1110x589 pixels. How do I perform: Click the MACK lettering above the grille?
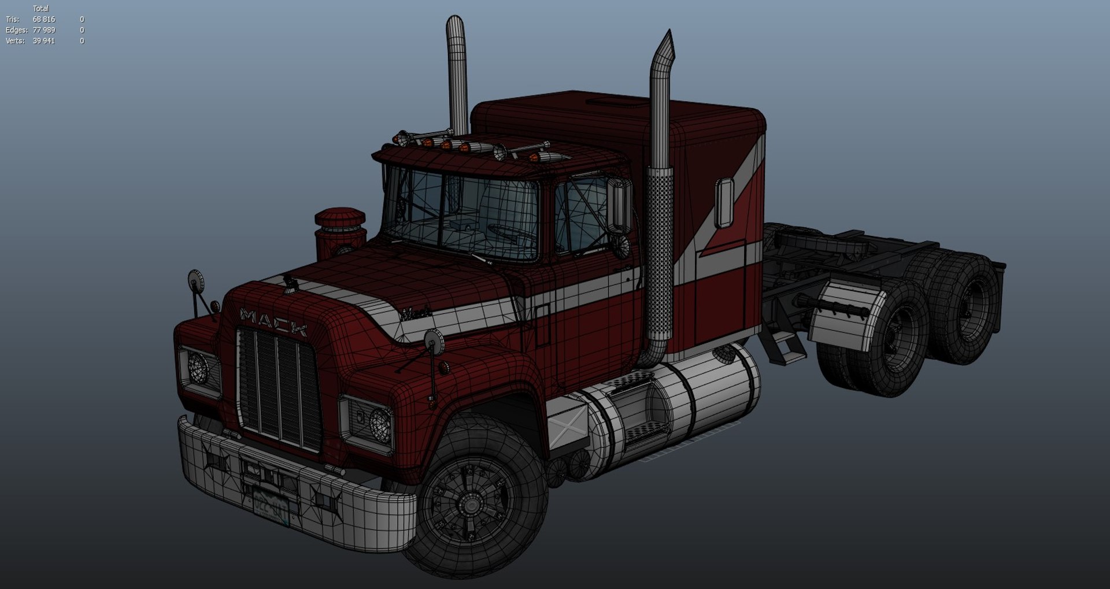[x=273, y=322]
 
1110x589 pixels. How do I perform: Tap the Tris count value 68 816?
[x=44, y=20]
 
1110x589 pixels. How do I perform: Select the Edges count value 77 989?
[x=44, y=30]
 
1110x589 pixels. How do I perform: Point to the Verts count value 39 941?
[x=44, y=41]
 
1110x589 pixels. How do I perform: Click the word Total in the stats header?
[x=40, y=9]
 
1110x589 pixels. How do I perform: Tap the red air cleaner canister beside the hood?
[x=340, y=234]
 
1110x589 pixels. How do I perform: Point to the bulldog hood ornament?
[x=290, y=283]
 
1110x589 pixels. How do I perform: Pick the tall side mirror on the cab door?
[x=619, y=206]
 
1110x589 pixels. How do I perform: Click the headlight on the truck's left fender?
[x=380, y=425]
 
